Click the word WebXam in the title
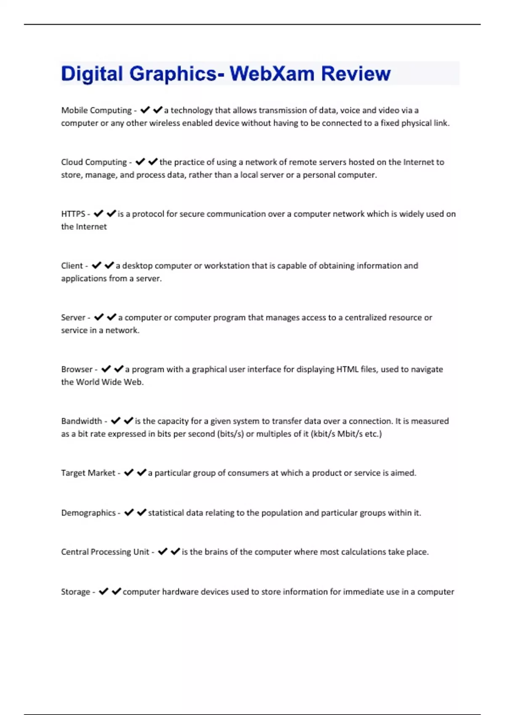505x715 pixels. pyautogui.click(x=272, y=74)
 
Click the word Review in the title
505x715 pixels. pyautogui.click(x=356, y=74)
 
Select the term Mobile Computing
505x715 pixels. pyautogui.click(x=96, y=110)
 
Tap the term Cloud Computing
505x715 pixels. pyautogui.click(x=94, y=162)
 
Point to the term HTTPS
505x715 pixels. pyautogui.click(x=73, y=214)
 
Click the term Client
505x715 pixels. pyautogui.click(x=72, y=265)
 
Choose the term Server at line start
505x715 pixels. pyautogui.click(x=73, y=317)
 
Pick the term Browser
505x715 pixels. pyautogui.click(x=77, y=369)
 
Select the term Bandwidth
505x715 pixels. pyautogui.click(x=82, y=421)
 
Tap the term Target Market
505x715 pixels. pyautogui.click(x=88, y=473)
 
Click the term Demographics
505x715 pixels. pyautogui.click(x=88, y=513)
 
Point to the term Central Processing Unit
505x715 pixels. pyautogui.click(x=105, y=552)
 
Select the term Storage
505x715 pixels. pyautogui.click(x=75, y=592)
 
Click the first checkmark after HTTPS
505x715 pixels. pyautogui.click(x=98, y=214)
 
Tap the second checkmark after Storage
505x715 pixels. pyautogui.click(x=117, y=591)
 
